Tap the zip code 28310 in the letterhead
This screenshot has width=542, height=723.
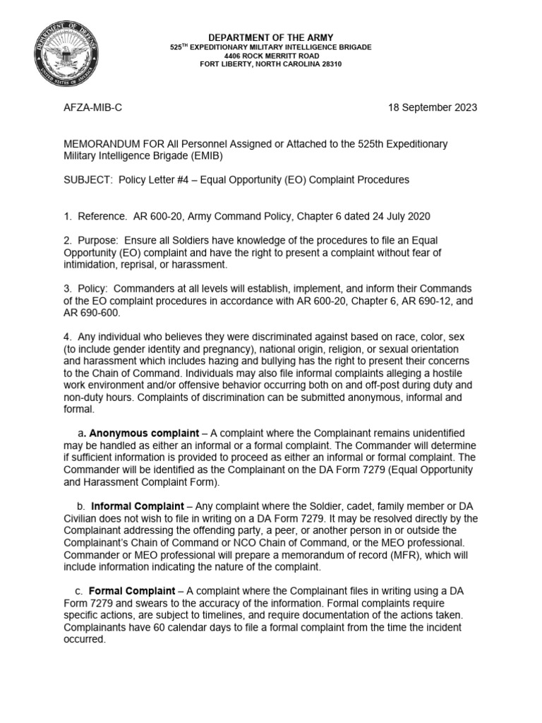[x=330, y=64]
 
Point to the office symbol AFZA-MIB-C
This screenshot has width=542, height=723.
[x=97, y=108]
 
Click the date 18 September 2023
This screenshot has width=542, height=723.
[x=433, y=108]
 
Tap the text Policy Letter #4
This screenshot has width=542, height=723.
[x=155, y=179]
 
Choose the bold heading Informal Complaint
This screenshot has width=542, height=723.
[x=140, y=506]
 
